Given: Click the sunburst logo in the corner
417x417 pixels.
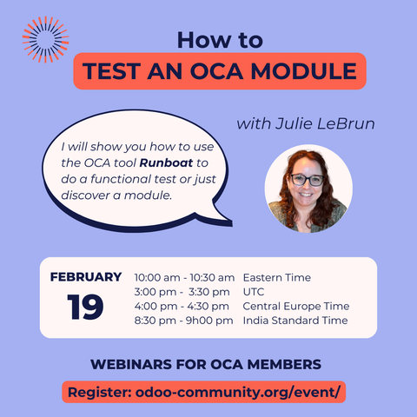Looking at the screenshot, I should (44, 39).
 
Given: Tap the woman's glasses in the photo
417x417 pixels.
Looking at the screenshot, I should (308, 181).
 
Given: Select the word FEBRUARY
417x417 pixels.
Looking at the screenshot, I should (86, 277).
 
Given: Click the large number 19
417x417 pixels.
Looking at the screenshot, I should (86, 307).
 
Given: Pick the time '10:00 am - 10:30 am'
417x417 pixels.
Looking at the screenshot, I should (185, 277).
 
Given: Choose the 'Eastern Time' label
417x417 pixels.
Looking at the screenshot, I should (277, 277).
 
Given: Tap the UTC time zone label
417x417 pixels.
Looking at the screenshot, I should (255, 292).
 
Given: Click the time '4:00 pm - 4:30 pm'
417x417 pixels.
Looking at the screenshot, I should (182, 306).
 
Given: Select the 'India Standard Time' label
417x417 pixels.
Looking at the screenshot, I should (295, 321).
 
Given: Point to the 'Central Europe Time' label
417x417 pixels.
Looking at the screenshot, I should (296, 306).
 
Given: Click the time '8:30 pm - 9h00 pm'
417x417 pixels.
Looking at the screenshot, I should (184, 321).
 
